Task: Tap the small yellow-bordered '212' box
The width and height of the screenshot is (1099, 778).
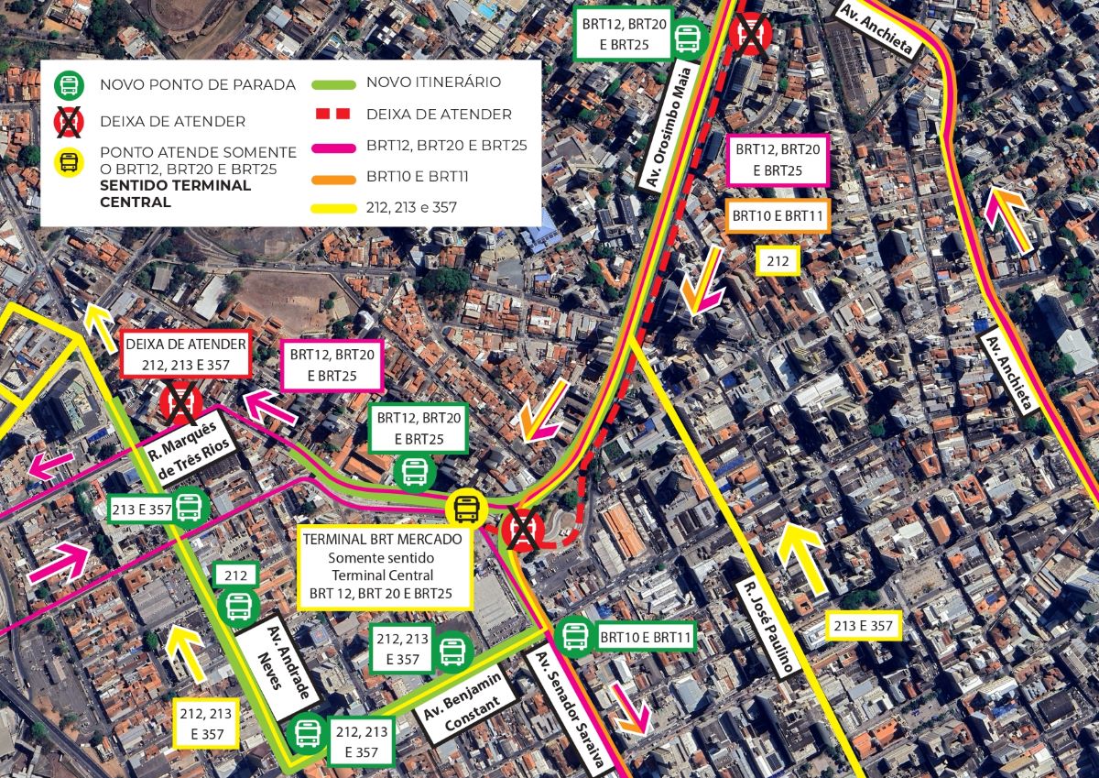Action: pyautogui.click(x=778, y=261)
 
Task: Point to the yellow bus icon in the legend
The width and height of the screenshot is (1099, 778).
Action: pyautogui.click(x=69, y=163)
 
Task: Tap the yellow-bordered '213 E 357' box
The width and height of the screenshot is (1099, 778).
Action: pyautogui.click(x=863, y=626)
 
